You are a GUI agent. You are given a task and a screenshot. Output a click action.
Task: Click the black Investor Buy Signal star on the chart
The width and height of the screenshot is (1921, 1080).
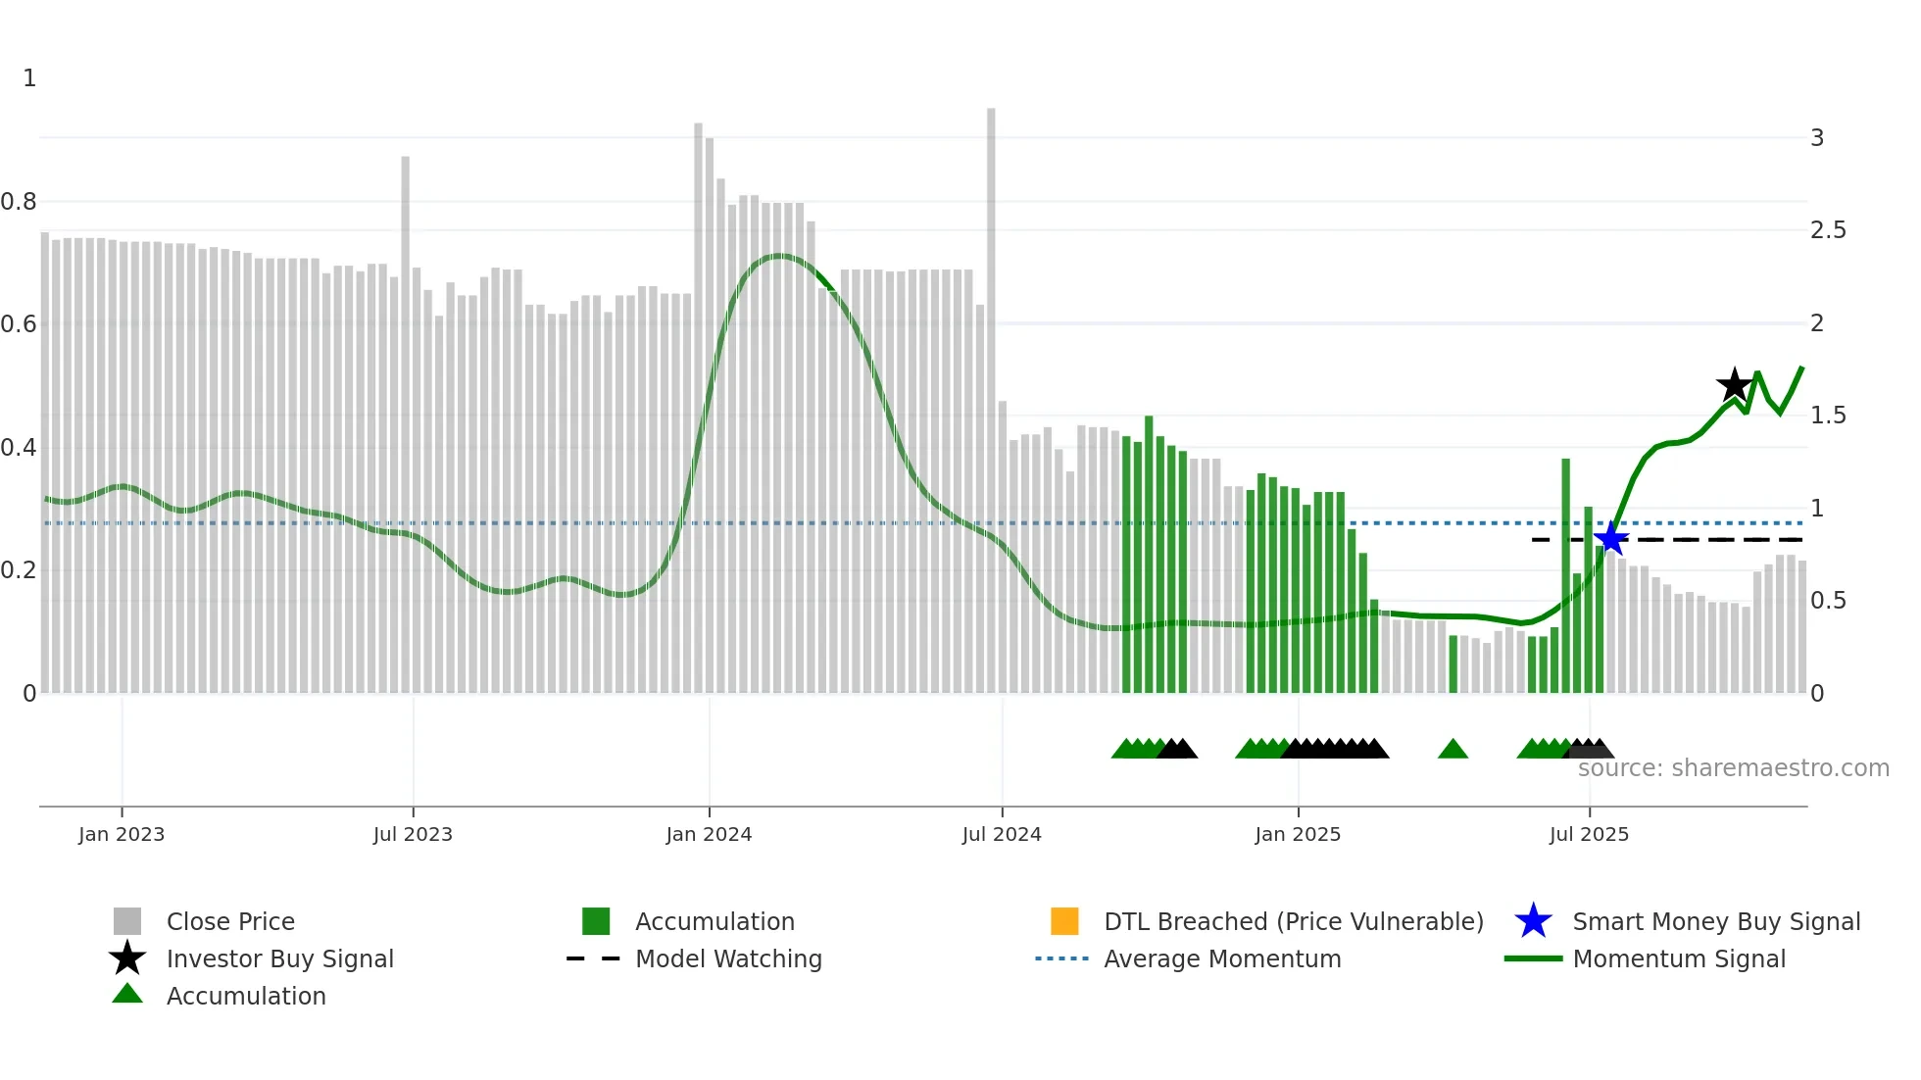click(x=1734, y=385)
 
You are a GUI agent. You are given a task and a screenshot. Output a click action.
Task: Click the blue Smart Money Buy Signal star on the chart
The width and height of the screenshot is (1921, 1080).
click(x=1610, y=539)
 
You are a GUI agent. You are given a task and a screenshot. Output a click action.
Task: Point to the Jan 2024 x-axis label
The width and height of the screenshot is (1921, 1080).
click(x=709, y=834)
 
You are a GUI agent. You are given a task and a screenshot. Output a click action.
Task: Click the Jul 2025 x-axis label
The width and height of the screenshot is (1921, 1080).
click(x=1589, y=834)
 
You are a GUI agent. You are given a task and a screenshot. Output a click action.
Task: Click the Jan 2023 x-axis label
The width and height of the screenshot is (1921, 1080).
click(x=122, y=834)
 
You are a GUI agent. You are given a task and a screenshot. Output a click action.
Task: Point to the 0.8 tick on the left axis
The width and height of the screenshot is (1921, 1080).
click(x=19, y=202)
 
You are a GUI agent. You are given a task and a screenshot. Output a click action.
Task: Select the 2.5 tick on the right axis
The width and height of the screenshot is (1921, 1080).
click(x=1828, y=230)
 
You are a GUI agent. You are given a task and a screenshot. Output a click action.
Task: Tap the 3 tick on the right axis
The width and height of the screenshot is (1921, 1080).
click(x=1817, y=138)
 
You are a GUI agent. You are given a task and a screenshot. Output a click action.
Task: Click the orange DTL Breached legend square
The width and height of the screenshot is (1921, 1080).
click(x=1064, y=921)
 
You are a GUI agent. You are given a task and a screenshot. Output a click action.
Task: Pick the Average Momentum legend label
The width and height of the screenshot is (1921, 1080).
click(x=1222, y=958)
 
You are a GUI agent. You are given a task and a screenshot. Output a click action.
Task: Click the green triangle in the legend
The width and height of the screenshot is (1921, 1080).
click(x=127, y=994)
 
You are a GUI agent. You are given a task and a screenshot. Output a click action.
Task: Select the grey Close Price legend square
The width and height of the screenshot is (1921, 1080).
click(x=127, y=921)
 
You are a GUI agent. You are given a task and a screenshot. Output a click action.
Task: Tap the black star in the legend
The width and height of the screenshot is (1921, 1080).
click(x=127, y=958)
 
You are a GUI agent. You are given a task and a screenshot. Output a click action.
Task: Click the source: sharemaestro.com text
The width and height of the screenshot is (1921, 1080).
click(x=1733, y=768)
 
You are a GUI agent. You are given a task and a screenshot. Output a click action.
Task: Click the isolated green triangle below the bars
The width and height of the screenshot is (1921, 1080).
click(x=1453, y=750)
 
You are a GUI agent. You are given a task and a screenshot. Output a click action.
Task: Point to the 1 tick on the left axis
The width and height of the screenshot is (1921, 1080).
click(x=29, y=78)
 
